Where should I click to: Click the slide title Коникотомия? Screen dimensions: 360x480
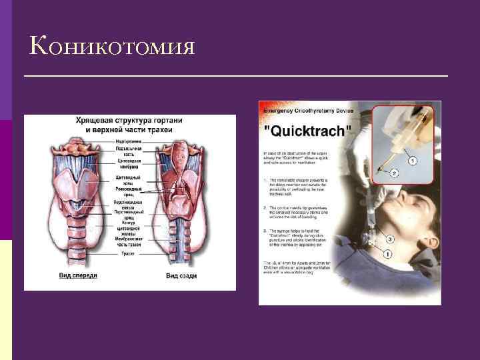pyautogui.click(x=112, y=46)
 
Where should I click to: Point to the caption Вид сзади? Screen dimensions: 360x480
pyautogui.click(x=180, y=275)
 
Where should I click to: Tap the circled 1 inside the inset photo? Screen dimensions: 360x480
pyautogui.click(x=413, y=160)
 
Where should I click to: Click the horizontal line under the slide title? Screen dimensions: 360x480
pyautogui.click(x=235, y=77)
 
